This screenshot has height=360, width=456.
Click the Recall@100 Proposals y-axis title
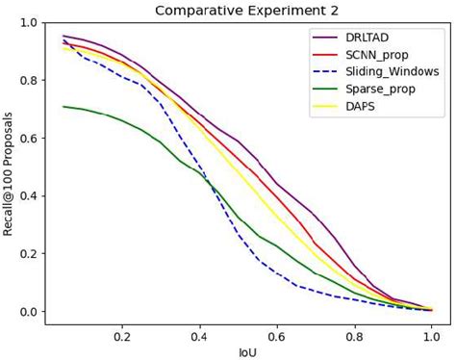click(11, 173)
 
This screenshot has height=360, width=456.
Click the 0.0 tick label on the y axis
click(29, 312)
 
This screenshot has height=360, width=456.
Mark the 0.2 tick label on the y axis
click(29, 254)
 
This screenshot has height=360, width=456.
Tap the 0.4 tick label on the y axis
click(29, 196)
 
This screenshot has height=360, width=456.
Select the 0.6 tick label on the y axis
click(29, 139)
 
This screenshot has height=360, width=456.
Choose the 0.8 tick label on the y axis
click(29, 81)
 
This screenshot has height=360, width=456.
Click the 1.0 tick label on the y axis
click(29, 23)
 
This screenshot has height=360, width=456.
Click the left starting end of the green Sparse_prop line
click(63, 107)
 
